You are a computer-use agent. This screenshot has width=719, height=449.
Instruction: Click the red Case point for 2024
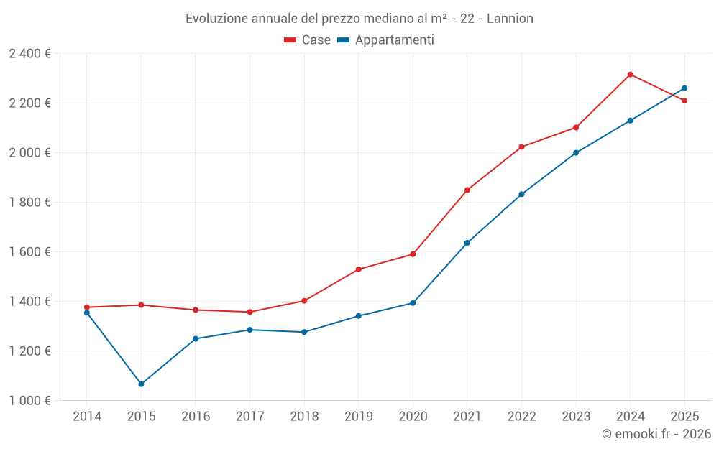pos(630,75)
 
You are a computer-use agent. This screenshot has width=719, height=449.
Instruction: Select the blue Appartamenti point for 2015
pos(141,384)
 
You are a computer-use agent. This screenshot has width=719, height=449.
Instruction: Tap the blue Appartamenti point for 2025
pos(684,88)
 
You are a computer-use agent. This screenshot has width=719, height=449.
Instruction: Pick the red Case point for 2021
pos(467,190)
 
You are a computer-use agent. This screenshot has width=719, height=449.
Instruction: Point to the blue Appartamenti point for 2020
pos(413,303)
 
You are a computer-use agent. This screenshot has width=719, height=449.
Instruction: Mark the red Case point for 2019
pos(358,269)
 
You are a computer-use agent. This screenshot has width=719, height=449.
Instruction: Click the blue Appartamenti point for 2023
pos(576,153)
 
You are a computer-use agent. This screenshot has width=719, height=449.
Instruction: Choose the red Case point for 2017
pos(249,312)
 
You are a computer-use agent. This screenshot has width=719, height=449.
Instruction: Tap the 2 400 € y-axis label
pos(30,54)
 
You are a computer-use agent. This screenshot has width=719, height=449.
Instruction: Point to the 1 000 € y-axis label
pos(30,401)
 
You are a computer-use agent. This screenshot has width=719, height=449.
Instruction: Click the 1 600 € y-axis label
pos(30,252)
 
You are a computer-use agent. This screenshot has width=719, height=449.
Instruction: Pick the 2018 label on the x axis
pos(304,417)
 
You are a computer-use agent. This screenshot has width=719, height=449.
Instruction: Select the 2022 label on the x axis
pos(521,417)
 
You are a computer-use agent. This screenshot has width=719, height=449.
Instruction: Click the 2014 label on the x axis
pos(87,417)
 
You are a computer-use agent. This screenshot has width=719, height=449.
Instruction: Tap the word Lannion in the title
pos(510,19)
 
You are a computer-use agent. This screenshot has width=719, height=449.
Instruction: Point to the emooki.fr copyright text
pos(656,434)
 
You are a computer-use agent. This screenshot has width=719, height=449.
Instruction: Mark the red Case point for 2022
pos(521,147)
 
